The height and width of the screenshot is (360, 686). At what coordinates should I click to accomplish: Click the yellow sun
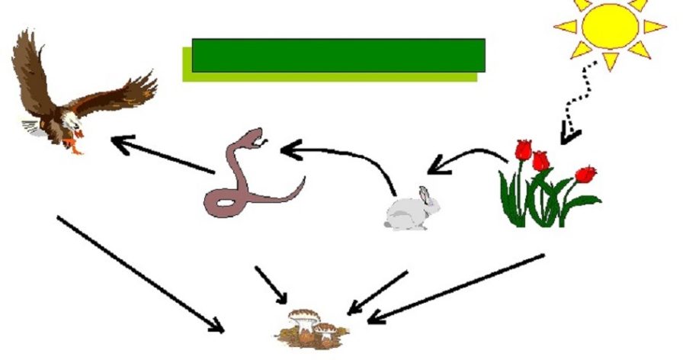[609, 27]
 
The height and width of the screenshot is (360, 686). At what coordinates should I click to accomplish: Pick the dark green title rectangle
[338, 55]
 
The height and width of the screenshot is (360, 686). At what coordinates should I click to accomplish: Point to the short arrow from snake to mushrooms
[271, 283]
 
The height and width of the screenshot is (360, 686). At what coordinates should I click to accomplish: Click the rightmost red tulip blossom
[585, 174]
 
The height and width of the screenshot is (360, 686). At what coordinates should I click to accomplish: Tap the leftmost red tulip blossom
[523, 149]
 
